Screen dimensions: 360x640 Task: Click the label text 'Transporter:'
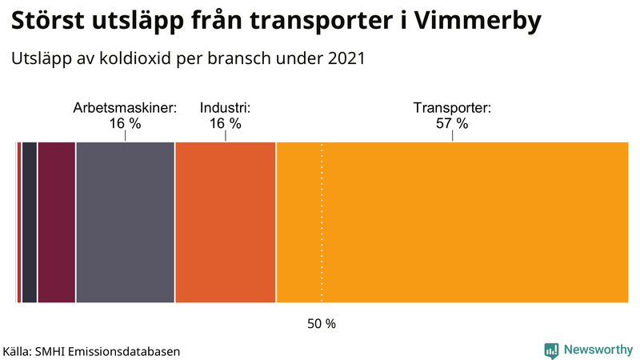tap(452, 108)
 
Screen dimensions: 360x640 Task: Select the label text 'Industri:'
tap(225, 108)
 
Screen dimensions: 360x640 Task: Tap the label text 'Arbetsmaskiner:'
tap(125, 108)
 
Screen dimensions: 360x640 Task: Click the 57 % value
tap(452, 124)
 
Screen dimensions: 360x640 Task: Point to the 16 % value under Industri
tap(225, 124)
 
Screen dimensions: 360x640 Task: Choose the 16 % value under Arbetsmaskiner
tap(125, 124)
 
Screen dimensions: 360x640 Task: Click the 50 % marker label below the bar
tap(322, 324)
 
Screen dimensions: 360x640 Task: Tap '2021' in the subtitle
tap(346, 58)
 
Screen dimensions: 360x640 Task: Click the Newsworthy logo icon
tap(551, 350)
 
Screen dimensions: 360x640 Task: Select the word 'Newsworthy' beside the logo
tap(598, 350)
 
